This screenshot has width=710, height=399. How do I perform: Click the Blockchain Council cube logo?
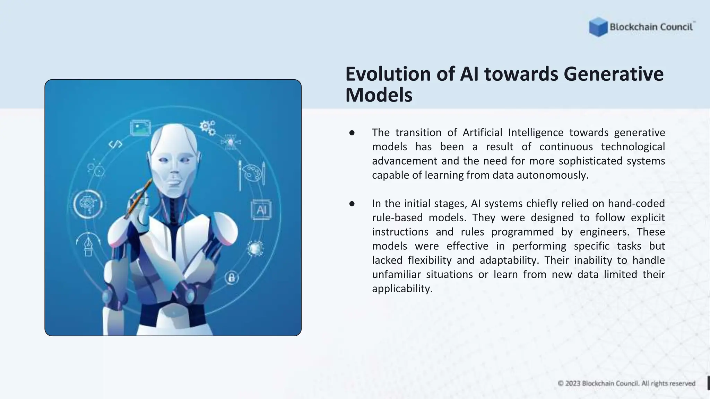(x=598, y=27)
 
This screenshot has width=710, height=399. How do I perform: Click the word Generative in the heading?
(x=613, y=74)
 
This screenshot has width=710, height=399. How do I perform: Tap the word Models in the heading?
(x=379, y=95)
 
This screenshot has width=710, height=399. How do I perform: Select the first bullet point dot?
(x=352, y=133)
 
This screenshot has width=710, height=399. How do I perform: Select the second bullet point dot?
(x=352, y=204)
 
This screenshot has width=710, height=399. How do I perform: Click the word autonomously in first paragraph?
(x=552, y=175)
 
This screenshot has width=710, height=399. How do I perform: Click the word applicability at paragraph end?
(x=402, y=289)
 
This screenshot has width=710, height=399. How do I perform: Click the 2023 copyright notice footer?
(x=626, y=383)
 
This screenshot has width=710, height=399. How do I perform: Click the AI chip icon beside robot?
(x=261, y=210)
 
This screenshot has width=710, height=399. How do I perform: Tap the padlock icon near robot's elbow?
(x=232, y=277)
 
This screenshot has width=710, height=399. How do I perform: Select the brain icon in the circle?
(x=88, y=204)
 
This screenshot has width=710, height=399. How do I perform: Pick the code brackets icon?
(x=115, y=144)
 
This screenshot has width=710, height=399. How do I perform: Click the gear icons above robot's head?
(x=208, y=127)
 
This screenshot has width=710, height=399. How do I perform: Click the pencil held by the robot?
(x=139, y=199)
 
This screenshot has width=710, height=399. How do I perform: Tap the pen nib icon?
(x=88, y=245)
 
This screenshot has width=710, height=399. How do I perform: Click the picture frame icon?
(x=140, y=128)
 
